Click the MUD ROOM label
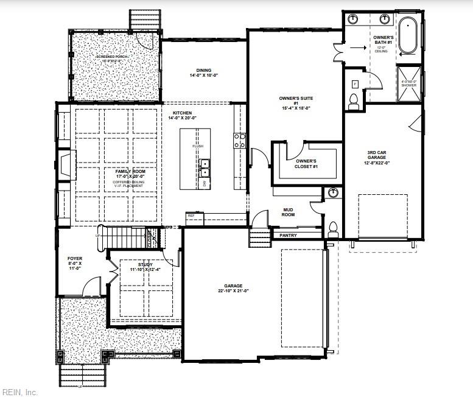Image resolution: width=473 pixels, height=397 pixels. coord(288,212)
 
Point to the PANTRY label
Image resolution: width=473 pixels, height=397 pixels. coord(288,235)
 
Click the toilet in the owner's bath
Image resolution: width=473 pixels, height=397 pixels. coord(354,102)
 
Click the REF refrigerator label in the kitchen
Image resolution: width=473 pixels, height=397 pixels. coord(191,216)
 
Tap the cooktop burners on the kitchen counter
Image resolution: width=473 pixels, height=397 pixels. coord(239,141)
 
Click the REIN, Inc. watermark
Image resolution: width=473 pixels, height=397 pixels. coord(20,392)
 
